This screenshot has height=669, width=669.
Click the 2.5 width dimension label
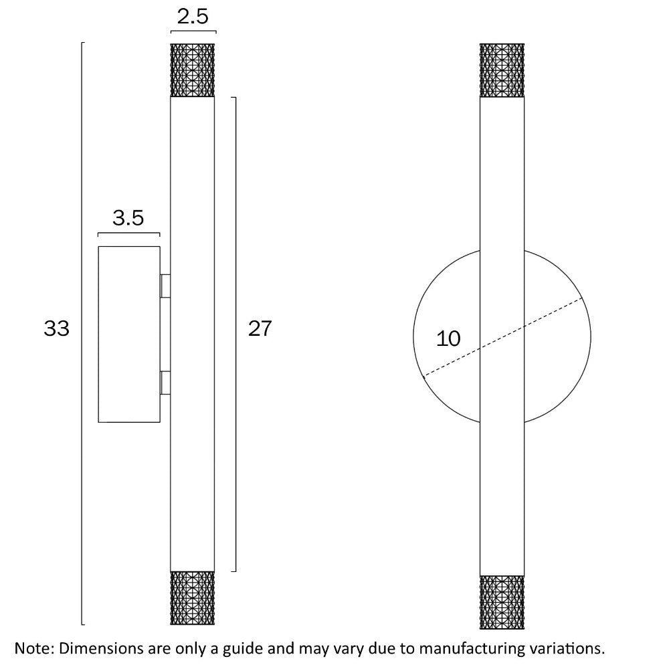[193, 16]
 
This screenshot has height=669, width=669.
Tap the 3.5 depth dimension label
[128, 218]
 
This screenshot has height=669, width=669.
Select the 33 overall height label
[57, 329]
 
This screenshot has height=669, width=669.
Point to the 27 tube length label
[260, 329]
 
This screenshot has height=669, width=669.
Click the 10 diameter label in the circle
[448, 339]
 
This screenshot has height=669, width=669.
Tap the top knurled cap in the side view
[193, 70]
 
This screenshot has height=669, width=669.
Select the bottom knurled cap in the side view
[193, 598]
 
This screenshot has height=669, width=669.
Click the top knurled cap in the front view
[502, 70]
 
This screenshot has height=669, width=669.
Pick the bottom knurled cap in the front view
[502, 602]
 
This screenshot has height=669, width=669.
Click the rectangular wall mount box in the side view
[129, 334]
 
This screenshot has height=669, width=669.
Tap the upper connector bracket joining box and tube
[165, 286]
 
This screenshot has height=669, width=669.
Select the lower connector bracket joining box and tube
[165, 383]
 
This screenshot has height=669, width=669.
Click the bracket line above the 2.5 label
[193, 31]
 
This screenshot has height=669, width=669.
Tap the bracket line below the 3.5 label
[128, 233]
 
